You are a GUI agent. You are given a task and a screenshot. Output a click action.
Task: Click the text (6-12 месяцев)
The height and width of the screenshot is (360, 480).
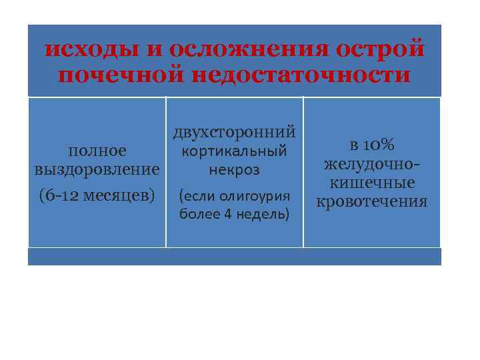[97, 195]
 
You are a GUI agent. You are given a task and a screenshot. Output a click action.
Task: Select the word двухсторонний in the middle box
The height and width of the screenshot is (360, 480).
[234, 131]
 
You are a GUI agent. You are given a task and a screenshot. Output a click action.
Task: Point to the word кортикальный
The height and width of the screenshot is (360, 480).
[234, 151]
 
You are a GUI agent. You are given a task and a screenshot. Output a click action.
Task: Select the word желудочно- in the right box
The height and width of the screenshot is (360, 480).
[372, 164]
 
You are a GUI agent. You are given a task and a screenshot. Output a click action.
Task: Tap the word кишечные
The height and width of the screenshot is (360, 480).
[372, 183]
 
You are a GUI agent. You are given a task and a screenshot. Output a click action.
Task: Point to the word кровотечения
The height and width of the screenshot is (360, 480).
[372, 201]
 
